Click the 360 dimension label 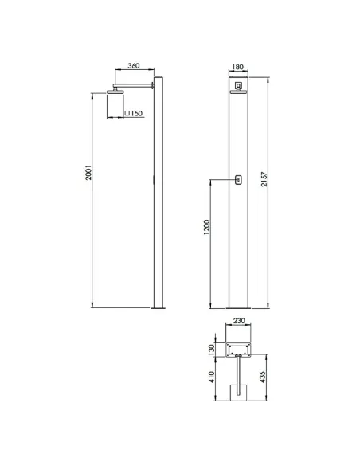click(x=134, y=65)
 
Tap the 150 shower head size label click(x=136, y=113)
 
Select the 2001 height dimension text click(x=88, y=172)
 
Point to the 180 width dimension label click(x=237, y=67)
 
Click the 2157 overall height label click(x=264, y=179)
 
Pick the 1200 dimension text click(x=206, y=227)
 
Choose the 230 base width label click(x=239, y=321)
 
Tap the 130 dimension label click(x=211, y=350)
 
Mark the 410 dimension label click(x=211, y=377)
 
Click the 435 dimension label click(x=263, y=377)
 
